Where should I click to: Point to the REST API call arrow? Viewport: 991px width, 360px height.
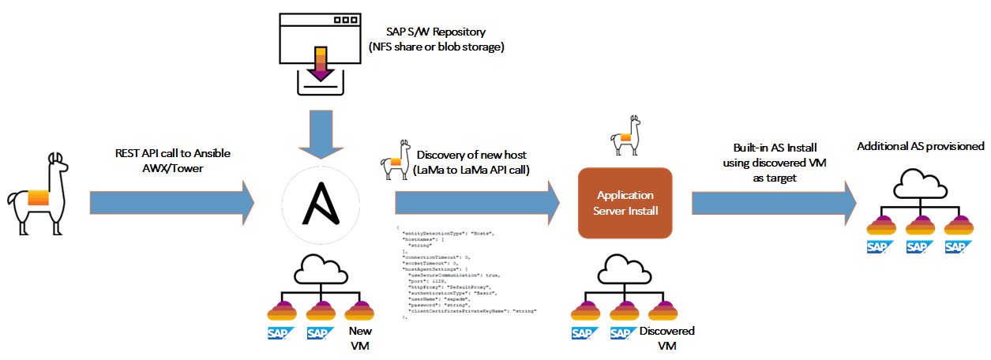171,204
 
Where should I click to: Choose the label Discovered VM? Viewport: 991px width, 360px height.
666,338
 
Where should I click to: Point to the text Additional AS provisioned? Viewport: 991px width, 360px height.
920,146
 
